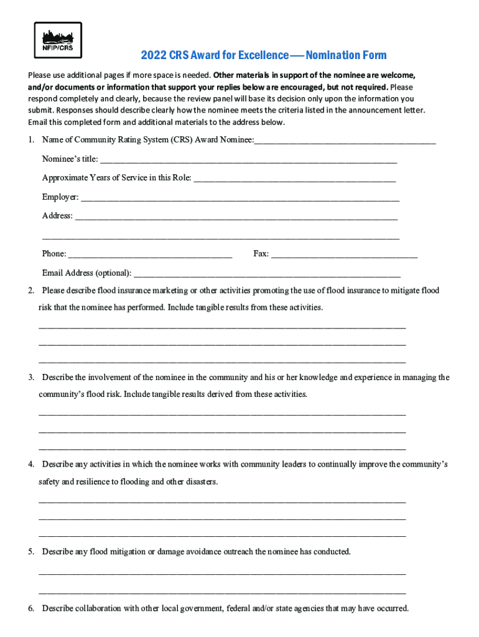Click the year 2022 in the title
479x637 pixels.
152,56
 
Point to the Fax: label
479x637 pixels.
261,254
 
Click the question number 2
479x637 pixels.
30,291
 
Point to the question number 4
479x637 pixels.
30,465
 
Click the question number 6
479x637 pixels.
30,608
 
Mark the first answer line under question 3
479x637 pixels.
222,414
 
